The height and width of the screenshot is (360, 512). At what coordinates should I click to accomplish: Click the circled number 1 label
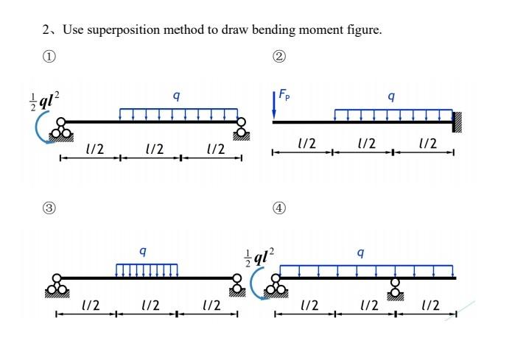49,56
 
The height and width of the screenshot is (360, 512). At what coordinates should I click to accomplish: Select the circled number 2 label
279,56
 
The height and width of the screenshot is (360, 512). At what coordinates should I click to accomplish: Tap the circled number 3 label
49,208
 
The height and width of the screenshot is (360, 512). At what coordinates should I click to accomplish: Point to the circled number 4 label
279,208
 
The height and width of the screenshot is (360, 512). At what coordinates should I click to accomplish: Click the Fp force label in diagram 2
285,95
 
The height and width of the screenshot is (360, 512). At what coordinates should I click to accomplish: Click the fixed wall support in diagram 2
457,121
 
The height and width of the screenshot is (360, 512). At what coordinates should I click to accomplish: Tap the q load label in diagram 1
175,95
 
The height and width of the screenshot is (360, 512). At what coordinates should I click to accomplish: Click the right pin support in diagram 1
240,130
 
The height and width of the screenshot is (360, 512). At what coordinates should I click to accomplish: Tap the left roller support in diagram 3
58,286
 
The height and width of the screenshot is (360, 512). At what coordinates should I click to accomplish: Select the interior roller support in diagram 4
396,289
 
